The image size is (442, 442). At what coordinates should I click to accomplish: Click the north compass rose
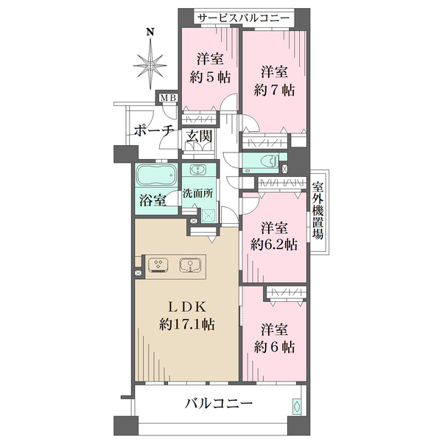pos(150,65)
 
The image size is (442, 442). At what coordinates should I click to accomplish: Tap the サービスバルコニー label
pos(243,16)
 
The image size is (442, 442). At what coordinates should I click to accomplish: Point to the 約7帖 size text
pos(276,90)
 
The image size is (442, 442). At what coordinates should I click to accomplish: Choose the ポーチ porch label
pos(154,130)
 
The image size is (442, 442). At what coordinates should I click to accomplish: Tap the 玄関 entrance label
pos(199,136)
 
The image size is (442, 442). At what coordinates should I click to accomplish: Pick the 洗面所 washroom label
pos(198,194)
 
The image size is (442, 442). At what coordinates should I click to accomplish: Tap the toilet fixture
pos(265,161)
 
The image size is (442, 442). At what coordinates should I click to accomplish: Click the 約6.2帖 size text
pos(275,243)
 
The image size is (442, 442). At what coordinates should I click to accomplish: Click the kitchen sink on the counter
pos(189,264)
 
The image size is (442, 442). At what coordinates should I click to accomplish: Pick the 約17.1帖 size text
pos(186,324)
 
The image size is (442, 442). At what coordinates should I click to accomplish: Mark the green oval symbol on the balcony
pos(296,406)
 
